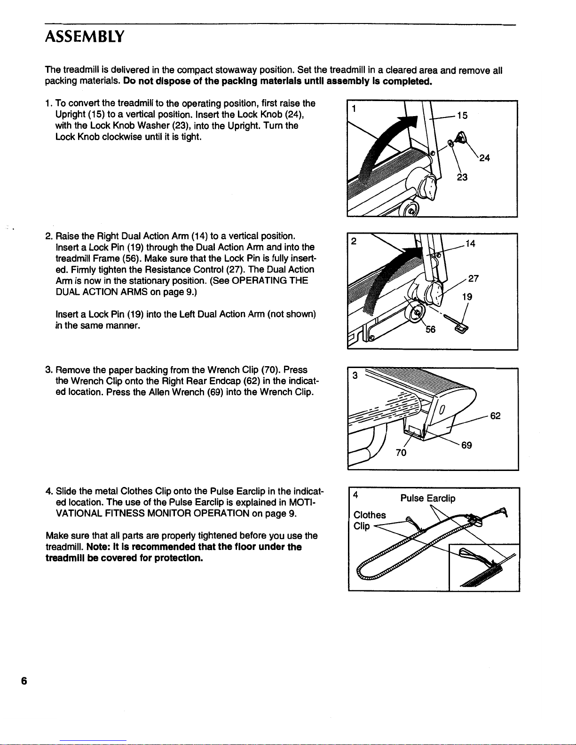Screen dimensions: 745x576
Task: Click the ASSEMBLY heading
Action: click(x=85, y=36)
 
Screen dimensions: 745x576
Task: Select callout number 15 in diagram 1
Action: click(x=462, y=115)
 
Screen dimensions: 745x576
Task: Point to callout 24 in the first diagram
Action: click(x=484, y=158)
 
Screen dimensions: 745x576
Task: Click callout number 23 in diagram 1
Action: click(x=462, y=177)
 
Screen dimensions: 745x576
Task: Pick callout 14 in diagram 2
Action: click(x=470, y=243)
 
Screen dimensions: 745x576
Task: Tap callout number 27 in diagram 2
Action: click(x=473, y=278)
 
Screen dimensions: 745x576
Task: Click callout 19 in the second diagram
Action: click(x=467, y=297)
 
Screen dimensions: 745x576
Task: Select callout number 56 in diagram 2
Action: click(x=431, y=329)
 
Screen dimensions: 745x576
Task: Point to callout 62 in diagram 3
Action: click(x=495, y=416)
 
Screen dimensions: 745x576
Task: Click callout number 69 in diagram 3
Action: click(x=466, y=445)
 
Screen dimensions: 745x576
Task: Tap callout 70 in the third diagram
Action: click(x=401, y=453)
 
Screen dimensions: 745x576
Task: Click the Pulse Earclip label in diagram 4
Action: click(x=427, y=498)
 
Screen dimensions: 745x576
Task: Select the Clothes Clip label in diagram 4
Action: click(x=369, y=520)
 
